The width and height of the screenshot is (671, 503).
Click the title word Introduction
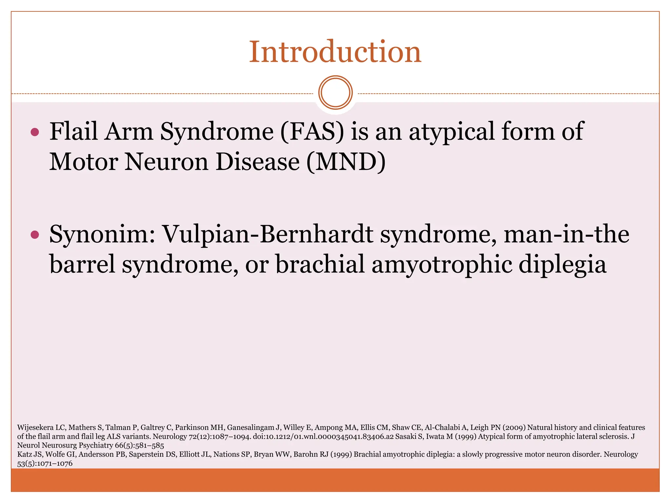(335, 52)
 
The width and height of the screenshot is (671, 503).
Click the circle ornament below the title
(335, 93)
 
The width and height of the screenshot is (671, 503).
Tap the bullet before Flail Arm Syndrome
(35, 132)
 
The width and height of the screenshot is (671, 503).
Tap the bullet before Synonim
(35, 235)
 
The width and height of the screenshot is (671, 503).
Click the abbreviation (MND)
(346, 162)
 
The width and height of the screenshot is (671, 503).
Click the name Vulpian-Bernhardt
(268, 234)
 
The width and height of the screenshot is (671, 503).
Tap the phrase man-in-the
(566, 234)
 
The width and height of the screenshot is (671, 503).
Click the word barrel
(82, 264)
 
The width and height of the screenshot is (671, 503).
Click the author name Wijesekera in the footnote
(35, 427)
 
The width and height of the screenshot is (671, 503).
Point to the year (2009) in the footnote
(514, 427)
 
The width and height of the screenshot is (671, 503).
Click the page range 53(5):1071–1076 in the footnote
(45, 463)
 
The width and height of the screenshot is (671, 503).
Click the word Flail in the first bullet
(73, 132)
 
